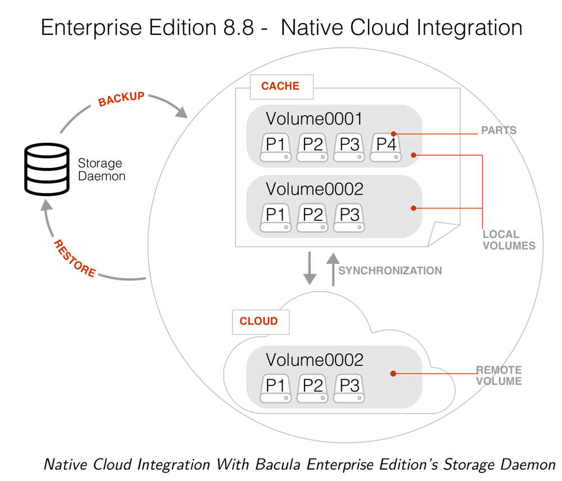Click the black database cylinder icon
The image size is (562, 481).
click(x=47, y=169)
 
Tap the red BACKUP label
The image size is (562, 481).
click(x=121, y=99)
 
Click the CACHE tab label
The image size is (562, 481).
click(x=280, y=87)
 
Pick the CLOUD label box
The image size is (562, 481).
click(x=259, y=321)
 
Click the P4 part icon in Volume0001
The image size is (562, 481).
click(x=387, y=148)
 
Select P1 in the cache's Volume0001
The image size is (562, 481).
click(x=275, y=148)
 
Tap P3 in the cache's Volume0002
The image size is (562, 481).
click(x=350, y=218)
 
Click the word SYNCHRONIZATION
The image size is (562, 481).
click(x=390, y=271)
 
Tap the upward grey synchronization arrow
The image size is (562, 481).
click(x=333, y=269)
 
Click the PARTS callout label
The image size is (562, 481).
click(x=498, y=130)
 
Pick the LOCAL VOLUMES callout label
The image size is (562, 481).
click(x=509, y=239)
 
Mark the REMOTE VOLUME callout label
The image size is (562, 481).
click(x=498, y=375)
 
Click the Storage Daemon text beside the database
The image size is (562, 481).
click(x=101, y=169)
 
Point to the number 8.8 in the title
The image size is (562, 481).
click(x=231, y=28)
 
